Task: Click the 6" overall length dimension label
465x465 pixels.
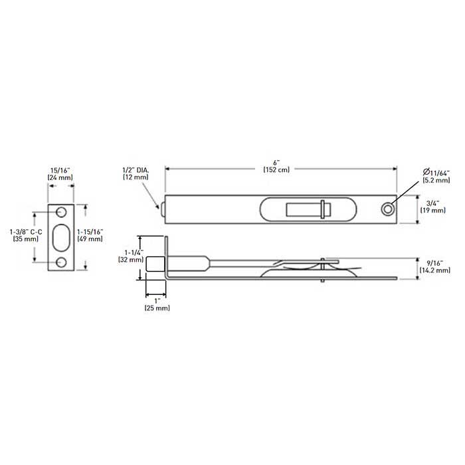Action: coord(276,163)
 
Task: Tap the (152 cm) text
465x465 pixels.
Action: coord(276,169)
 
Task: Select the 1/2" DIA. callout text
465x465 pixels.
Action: coord(136,170)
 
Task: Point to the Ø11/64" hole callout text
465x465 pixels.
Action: coord(436,173)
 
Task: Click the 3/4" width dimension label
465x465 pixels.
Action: coord(432,203)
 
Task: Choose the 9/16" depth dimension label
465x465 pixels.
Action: coord(435,263)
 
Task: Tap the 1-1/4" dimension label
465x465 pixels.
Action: coord(134,252)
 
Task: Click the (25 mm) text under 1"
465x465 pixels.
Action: coord(157,308)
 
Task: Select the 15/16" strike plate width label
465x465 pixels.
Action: coord(60,171)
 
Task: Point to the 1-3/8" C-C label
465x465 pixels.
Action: coord(26,232)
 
